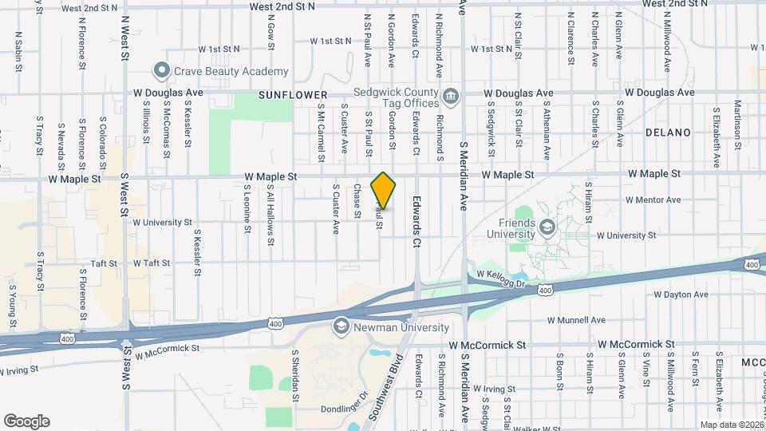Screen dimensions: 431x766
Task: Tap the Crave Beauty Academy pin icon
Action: (163, 71)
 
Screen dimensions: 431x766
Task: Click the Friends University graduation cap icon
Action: (547, 228)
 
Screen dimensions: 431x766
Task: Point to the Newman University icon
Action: (341, 326)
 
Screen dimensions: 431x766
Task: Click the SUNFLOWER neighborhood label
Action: (282, 94)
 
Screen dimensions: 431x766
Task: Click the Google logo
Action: (27, 421)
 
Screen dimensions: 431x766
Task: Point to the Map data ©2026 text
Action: (731, 425)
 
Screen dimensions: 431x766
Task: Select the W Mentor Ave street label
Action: (653, 200)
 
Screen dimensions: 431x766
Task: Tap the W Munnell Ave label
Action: (576, 320)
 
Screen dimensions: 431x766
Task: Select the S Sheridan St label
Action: (294, 375)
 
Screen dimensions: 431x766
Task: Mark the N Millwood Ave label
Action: (668, 32)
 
